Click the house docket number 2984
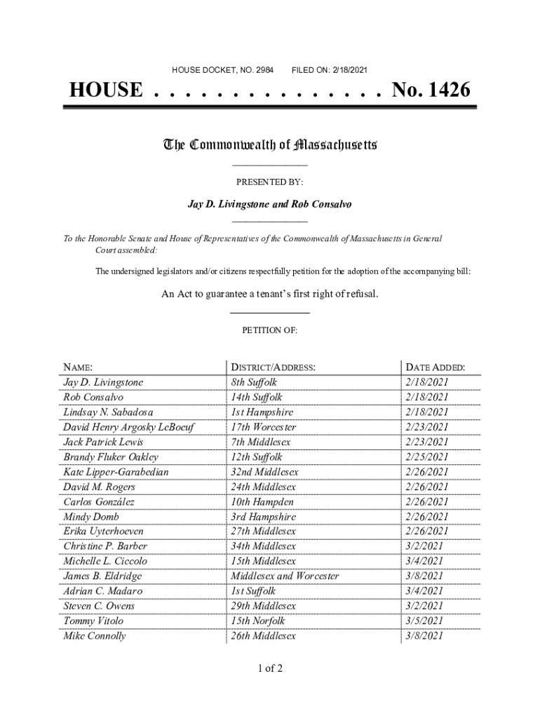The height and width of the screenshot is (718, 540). [x=265, y=70]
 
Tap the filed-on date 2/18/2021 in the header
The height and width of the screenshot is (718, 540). [x=346, y=70]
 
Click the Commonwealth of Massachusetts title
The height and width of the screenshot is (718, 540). [x=270, y=145]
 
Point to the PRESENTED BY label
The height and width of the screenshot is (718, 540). [x=270, y=182]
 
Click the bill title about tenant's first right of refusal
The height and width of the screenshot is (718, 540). [x=270, y=294]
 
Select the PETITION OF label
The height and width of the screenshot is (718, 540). [x=270, y=330]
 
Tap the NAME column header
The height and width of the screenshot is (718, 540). [x=78, y=367]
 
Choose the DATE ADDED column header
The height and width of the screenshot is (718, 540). [x=435, y=367]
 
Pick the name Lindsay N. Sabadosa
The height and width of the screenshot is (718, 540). [x=108, y=412]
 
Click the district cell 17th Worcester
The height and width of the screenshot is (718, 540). [x=264, y=427]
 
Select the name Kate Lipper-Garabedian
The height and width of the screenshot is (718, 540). [x=116, y=472]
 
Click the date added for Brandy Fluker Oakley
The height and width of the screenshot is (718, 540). [x=426, y=457]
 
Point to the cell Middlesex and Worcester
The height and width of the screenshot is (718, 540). [x=285, y=576]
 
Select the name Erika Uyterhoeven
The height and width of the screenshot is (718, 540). [x=103, y=531]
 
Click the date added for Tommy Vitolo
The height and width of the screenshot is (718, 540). [x=424, y=621]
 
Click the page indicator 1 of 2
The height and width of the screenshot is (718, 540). [x=270, y=668]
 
